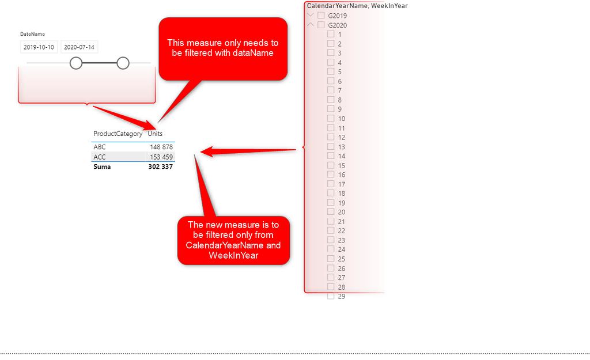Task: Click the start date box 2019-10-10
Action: pyautogui.click(x=39, y=47)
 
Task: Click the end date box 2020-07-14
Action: pyautogui.click(x=79, y=47)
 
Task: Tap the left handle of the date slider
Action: pyautogui.click(x=76, y=63)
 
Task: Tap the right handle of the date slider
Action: pyautogui.click(x=123, y=63)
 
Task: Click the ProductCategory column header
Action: pyautogui.click(x=118, y=134)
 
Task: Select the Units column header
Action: pyautogui.click(x=155, y=134)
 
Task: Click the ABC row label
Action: pyautogui.click(x=100, y=147)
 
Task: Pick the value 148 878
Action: pyautogui.click(x=161, y=147)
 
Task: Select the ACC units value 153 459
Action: pyautogui.click(x=161, y=157)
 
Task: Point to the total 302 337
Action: pyautogui.click(x=160, y=166)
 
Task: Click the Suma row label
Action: pyautogui.click(x=102, y=166)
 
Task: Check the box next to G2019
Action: pyautogui.click(x=322, y=16)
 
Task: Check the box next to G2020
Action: pyautogui.click(x=322, y=25)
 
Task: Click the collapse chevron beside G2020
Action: pyautogui.click(x=311, y=25)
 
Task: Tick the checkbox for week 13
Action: pyautogui.click(x=331, y=146)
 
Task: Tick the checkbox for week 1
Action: pyautogui.click(x=331, y=34)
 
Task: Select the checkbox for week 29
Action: pyautogui.click(x=331, y=296)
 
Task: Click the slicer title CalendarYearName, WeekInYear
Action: pyautogui.click(x=357, y=6)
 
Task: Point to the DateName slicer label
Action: pyautogui.click(x=32, y=34)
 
